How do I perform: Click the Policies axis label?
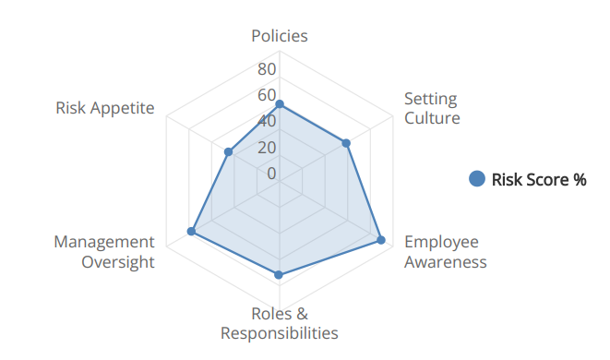(x=280, y=36)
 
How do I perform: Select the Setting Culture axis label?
(x=431, y=108)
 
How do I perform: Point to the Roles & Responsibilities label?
(x=280, y=323)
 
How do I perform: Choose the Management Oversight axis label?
(x=104, y=251)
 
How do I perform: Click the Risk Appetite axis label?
(x=104, y=107)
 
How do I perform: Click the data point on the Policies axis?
(x=280, y=104)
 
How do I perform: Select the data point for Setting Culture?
(x=346, y=143)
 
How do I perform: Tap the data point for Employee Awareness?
(x=380, y=240)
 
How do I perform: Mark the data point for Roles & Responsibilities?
(x=280, y=274)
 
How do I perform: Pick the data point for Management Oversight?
(x=192, y=232)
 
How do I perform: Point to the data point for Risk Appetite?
(x=228, y=151)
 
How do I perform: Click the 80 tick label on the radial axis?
(x=267, y=69)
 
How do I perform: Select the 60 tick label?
(x=267, y=95)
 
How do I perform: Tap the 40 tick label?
(x=267, y=121)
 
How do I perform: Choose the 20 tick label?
(x=267, y=147)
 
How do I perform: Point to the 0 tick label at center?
(x=271, y=173)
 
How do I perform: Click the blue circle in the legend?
(x=477, y=179)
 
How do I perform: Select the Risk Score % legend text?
(x=539, y=179)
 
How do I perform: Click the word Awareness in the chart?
(x=445, y=261)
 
